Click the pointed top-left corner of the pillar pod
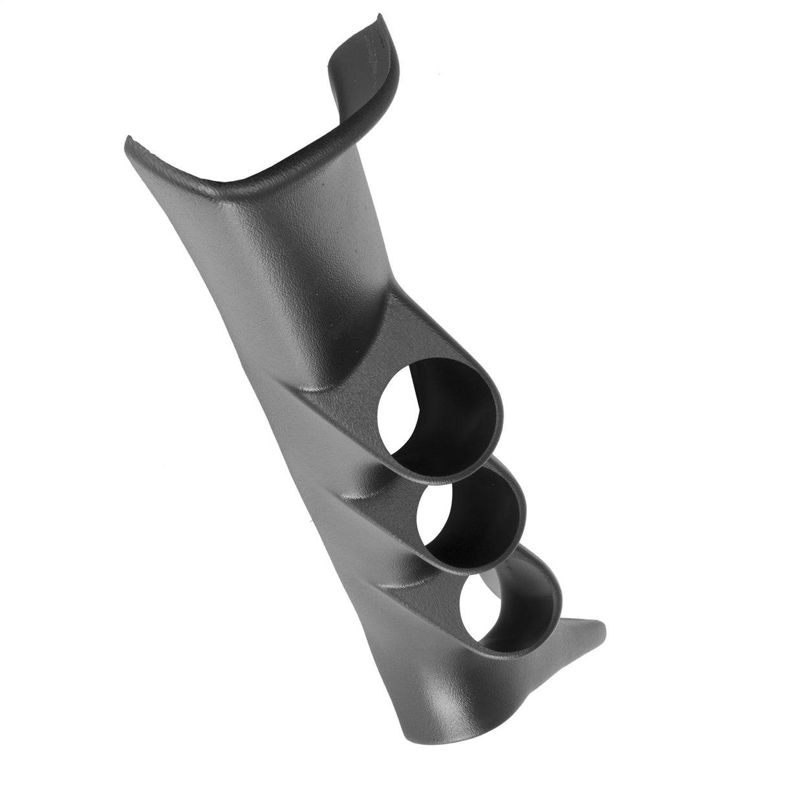pos(127,138)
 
